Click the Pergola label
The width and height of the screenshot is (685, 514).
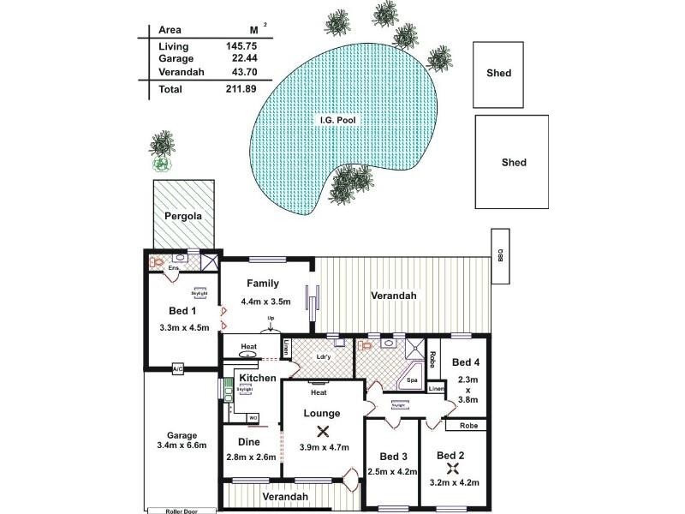183,216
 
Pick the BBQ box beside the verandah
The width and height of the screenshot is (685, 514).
500,255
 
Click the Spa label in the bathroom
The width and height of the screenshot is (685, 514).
412,380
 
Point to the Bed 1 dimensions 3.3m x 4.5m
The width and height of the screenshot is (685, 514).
184,327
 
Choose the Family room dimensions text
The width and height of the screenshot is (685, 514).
266,302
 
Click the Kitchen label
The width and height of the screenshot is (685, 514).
258,378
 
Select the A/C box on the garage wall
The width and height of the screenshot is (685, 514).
178,369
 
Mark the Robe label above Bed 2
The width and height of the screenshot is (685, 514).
468,425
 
